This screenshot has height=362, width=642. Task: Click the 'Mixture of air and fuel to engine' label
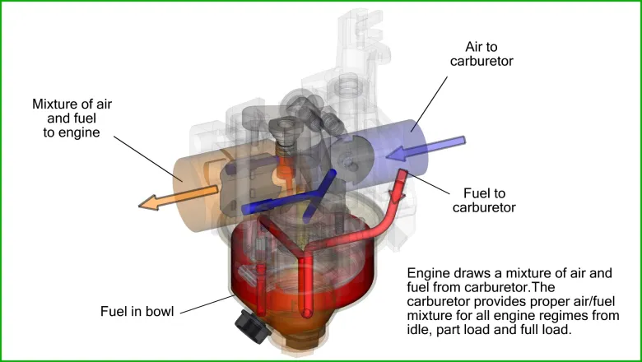(x=72, y=118)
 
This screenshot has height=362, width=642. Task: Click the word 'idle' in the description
(x=421, y=330)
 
